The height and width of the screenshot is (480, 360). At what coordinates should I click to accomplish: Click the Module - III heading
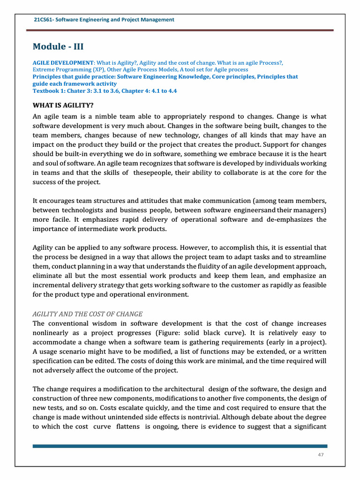click(x=58, y=46)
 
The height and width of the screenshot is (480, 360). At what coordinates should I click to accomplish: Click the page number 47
click(x=321, y=455)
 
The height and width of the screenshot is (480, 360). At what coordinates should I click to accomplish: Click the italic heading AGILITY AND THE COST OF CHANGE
click(x=88, y=314)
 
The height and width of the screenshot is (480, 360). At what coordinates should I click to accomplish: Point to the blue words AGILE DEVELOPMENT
click(x=63, y=62)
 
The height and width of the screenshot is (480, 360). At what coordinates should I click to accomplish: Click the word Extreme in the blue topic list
click(x=45, y=69)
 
